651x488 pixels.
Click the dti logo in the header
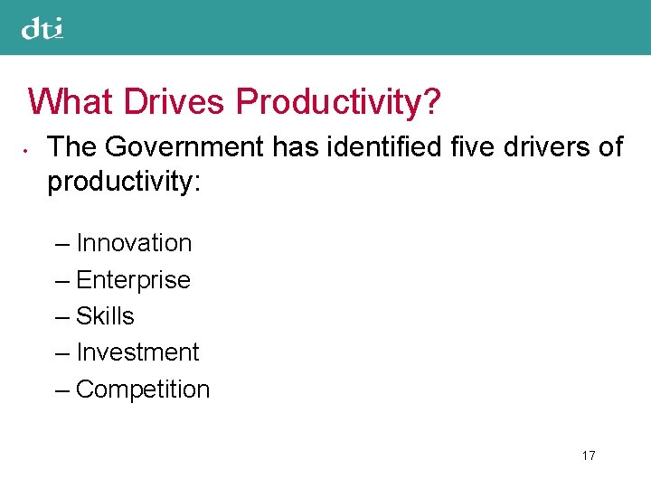coord(42,29)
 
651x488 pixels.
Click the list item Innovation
coord(134,243)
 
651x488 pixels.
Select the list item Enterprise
coord(133,280)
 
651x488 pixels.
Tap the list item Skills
coord(105,316)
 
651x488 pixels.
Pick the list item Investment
coord(137,352)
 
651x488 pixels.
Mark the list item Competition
coord(143,389)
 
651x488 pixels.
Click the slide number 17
coord(589,455)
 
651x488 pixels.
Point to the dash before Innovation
coord(61,244)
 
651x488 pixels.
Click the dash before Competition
coord(61,390)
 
